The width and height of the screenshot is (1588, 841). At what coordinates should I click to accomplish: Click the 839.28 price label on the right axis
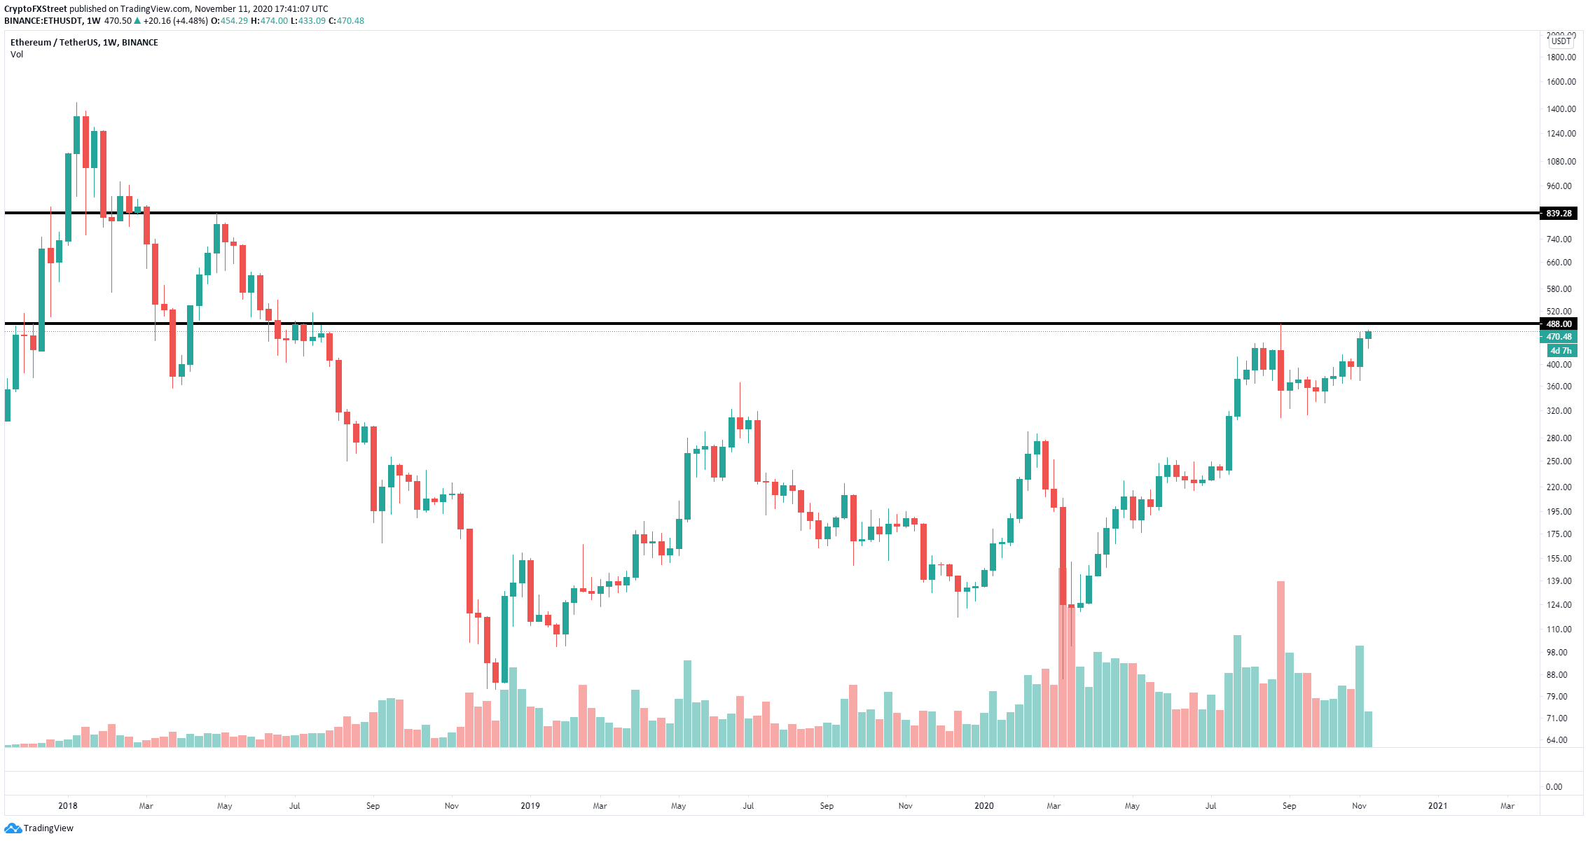[x=1559, y=213]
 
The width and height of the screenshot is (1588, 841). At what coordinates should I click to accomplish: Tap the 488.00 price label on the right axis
[x=1559, y=324]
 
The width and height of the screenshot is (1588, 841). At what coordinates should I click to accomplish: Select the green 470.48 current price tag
[x=1559, y=337]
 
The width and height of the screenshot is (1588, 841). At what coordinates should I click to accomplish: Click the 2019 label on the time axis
[x=530, y=806]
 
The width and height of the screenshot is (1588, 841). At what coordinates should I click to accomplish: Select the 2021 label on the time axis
[x=1437, y=806]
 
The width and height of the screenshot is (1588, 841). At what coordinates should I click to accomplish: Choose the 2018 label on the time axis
[x=68, y=806]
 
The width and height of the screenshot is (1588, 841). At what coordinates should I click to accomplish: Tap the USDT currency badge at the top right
[x=1561, y=41]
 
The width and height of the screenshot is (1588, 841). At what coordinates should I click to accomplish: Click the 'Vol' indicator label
[x=17, y=55]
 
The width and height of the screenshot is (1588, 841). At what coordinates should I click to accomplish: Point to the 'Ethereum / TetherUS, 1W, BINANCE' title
[x=84, y=43]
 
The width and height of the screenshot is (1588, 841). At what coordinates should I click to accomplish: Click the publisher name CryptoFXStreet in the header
[x=36, y=9]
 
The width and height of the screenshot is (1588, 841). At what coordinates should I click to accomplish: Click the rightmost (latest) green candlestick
[x=1368, y=335]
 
